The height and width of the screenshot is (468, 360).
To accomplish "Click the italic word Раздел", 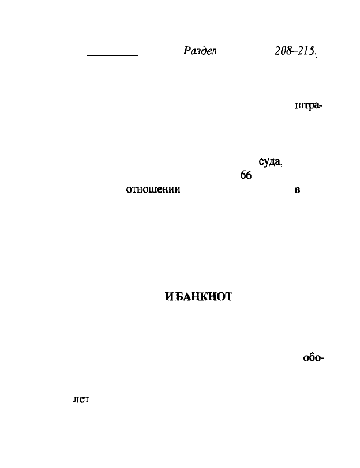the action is coord(200,51).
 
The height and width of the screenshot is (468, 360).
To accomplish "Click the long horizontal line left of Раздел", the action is coord(112,55).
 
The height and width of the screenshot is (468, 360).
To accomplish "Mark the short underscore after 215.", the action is coord(318,56).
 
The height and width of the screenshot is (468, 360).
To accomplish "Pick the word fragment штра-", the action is coord(308,106).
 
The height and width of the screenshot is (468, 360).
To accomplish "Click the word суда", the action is coord(269,161).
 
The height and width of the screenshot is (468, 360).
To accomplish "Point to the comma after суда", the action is coord(281,165).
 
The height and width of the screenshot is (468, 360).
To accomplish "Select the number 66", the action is coord(246,175).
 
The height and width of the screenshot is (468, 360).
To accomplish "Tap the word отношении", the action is coord(153,190).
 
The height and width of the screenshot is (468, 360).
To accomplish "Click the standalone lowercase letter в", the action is coord(297,190).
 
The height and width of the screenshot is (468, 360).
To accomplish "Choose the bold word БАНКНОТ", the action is coord(204,297).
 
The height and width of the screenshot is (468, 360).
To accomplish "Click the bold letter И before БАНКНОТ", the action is coord(169,297).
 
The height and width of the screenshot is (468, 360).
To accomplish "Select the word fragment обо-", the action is coord(314,357).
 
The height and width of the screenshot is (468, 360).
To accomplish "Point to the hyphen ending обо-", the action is coord(322,358).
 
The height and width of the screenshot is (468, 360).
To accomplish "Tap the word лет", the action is coord(81,399).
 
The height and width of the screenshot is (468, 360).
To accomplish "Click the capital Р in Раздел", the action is coord(187,51).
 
